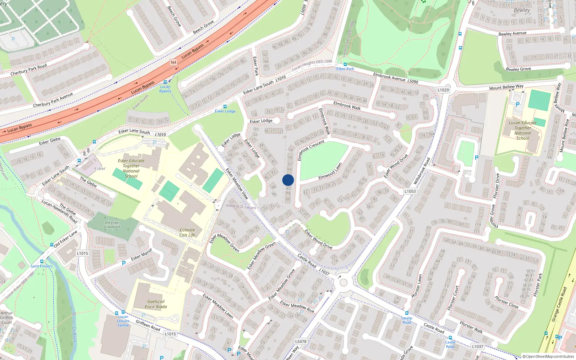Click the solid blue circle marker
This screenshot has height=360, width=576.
coord(288,180)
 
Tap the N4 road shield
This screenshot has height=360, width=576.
coord(174,62)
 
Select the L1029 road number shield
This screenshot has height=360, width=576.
coord(443,90)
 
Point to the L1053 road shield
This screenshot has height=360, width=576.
coord(410,191)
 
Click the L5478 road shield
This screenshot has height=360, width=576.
coord(301,341)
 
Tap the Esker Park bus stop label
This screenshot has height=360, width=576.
coord(345,69)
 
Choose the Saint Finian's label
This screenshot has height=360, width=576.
coord(41,266)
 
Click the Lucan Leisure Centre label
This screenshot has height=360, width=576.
coord(123,321)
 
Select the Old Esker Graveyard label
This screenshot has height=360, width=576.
coord(112,225)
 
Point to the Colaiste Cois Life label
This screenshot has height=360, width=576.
coord(187,233)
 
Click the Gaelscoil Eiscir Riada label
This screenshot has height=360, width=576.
coord(156,304)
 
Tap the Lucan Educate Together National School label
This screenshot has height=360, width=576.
coord(522,130)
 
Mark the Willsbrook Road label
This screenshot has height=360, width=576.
coord(422,171)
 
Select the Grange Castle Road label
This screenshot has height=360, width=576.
coord(559,304)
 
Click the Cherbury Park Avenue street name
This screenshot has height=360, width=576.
coord(53,100)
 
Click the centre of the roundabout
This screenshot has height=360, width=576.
coord(343,283)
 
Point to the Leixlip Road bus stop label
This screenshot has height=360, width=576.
coord(407,320)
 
